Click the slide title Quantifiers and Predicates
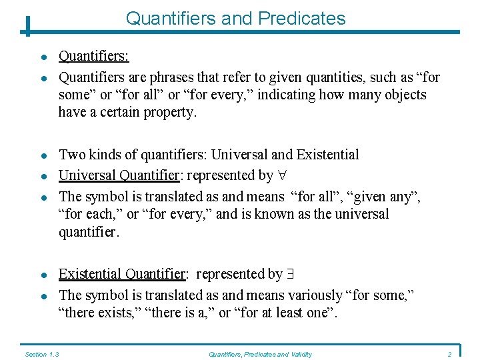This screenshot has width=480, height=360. (x=235, y=18)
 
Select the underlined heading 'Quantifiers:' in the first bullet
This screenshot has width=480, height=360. (x=94, y=57)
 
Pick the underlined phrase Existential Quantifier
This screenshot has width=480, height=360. (x=122, y=274)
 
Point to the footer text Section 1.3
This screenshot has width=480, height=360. (x=42, y=354)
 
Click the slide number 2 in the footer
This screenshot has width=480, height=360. (x=450, y=354)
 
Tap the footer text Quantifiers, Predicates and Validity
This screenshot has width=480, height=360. (x=261, y=354)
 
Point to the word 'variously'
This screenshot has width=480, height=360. (x=309, y=295)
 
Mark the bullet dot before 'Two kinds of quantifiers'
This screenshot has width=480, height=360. (x=41, y=155)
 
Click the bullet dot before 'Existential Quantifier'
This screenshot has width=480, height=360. (x=41, y=275)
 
